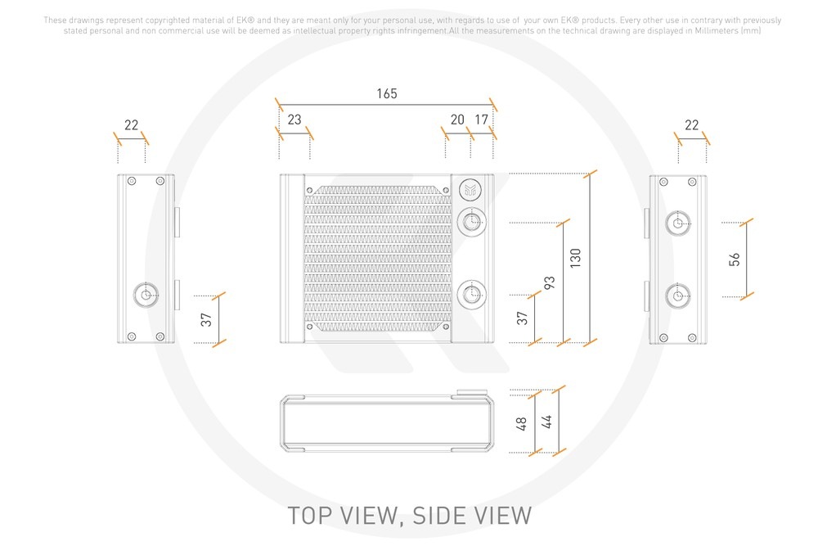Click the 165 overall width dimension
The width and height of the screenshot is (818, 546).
coord(387,93)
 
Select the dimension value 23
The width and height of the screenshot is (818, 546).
coord(294,120)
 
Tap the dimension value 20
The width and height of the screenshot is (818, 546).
coord(457,120)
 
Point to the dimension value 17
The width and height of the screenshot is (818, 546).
coord(482,120)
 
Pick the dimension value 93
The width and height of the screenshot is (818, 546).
coord(550,283)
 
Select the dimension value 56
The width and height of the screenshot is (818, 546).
coord(734,259)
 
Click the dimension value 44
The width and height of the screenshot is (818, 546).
coord(546,422)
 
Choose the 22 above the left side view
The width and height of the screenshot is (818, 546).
coord(131,125)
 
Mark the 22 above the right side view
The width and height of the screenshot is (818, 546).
coord(692,125)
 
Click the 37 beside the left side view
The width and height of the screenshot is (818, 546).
coord(207,319)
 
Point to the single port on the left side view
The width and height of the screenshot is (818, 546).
coord(146,296)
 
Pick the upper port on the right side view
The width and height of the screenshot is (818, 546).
coord(677,222)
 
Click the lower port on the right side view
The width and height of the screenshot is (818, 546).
coord(677,294)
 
